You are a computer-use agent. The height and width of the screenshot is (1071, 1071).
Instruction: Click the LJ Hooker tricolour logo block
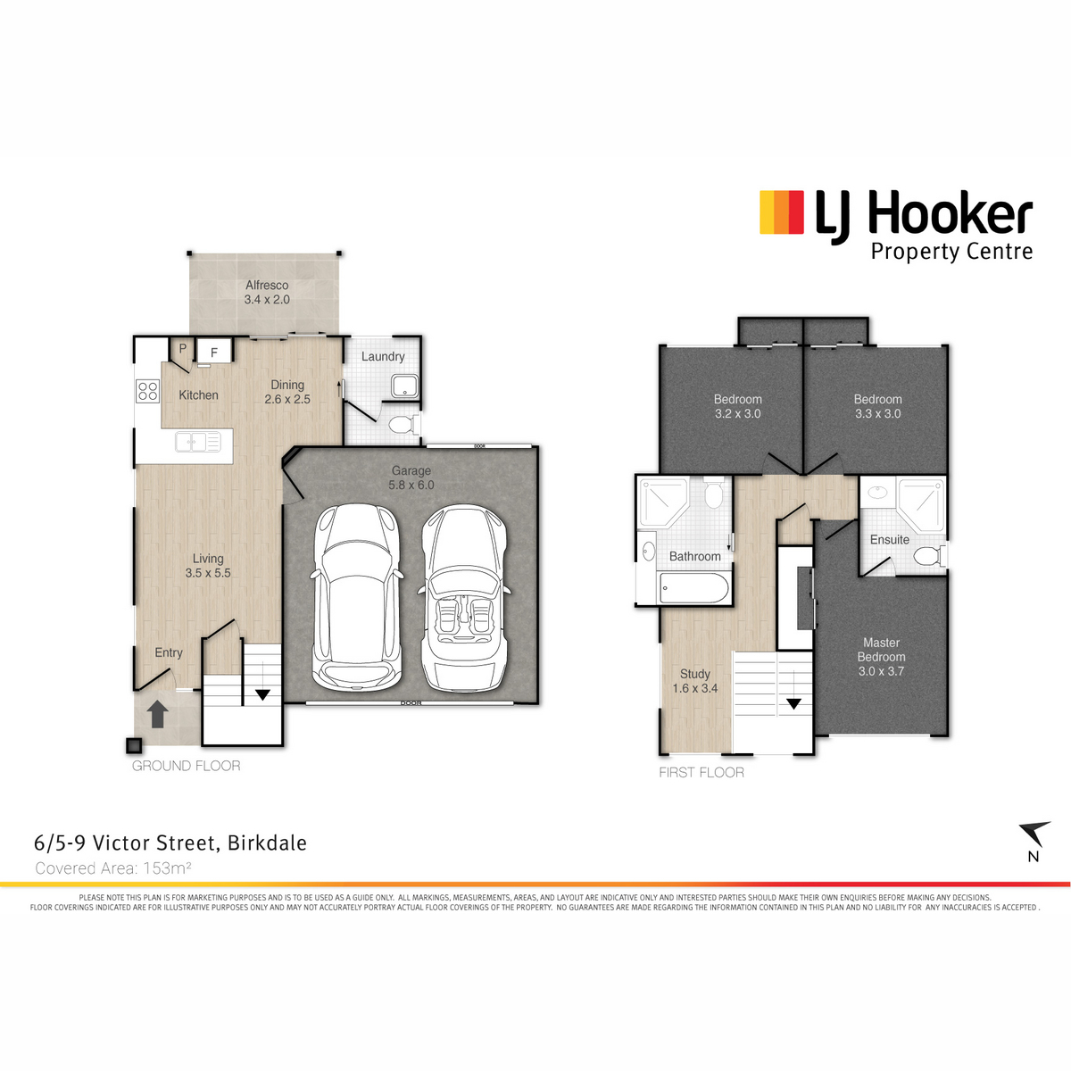click(x=782, y=212)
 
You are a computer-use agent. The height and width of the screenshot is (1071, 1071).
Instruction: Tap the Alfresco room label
click(x=267, y=292)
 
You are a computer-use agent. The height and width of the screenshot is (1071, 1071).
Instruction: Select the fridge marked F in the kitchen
click(x=213, y=352)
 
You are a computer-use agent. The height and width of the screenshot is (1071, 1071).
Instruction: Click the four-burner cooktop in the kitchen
click(x=147, y=390)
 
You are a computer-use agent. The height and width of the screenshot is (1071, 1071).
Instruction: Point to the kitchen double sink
click(x=198, y=443)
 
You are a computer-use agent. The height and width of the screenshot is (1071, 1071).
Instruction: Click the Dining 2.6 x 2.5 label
click(x=287, y=392)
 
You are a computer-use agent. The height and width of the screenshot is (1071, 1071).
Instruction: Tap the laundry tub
click(x=404, y=386)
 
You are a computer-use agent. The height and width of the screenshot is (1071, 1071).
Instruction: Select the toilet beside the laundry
click(x=404, y=425)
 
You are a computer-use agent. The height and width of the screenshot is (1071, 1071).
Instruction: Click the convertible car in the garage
click(x=463, y=598)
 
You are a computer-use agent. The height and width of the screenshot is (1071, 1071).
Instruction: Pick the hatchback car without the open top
click(x=356, y=597)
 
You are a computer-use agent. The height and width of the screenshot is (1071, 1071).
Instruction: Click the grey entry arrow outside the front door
click(x=157, y=714)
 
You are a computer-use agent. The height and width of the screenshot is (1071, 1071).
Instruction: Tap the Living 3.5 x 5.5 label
click(x=208, y=566)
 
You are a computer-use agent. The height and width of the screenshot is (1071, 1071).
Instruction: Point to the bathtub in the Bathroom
click(x=693, y=588)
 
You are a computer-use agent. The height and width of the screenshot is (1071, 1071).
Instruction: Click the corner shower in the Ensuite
click(x=921, y=504)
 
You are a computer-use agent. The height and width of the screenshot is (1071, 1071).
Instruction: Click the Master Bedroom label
click(x=881, y=657)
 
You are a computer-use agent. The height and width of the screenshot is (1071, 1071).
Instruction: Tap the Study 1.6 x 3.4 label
click(x=694, y=681)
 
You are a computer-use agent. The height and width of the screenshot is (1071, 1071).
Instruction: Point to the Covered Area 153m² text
click(x=113, y=868)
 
